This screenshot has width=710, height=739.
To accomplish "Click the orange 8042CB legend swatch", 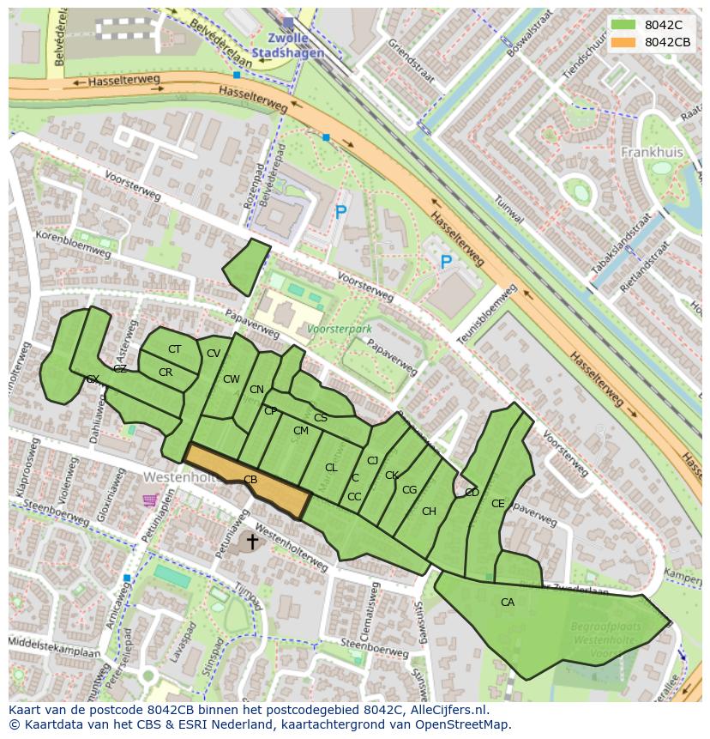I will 623,42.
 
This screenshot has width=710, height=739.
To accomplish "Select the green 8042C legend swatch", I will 623,25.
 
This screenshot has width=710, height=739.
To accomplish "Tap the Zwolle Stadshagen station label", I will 288,45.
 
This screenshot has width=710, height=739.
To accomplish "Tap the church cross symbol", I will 252,541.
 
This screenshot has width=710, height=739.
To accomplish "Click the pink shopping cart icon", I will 150,500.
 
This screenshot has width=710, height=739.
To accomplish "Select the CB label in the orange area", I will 250,480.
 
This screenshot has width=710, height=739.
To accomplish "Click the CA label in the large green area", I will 508,603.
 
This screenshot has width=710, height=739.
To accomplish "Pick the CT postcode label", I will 174,349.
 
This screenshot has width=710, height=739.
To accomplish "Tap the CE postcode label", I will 498,504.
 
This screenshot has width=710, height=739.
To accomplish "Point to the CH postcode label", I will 429,512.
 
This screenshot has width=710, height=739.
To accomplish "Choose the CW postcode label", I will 232,379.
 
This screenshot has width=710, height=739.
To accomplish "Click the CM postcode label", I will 300,431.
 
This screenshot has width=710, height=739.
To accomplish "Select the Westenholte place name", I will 176,476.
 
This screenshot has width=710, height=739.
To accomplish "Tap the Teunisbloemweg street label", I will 487,315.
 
